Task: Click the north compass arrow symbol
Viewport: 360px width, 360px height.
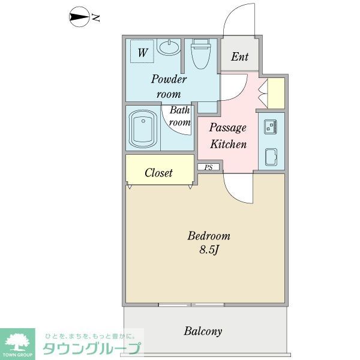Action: coord(79,17)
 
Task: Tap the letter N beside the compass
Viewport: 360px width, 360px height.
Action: coord(95,18)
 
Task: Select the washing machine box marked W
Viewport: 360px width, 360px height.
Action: coord(142,52)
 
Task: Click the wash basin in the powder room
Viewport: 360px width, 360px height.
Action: coord(170,47)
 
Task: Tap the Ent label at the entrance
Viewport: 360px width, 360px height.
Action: coord(239,57)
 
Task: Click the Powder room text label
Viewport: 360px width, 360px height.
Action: coord(169,86)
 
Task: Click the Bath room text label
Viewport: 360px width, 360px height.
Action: coord(179,116)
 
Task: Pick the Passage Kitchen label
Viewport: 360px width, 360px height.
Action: coord(227,136)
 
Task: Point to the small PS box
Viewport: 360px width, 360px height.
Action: coord(208,167)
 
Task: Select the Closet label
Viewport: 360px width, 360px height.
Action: coord(159,173)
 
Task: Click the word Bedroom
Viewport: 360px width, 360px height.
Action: coord(209,236)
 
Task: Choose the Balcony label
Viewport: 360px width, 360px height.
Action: coord(203,331)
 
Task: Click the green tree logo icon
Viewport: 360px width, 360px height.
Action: coord(19,341)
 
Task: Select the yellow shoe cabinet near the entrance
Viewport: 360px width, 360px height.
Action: coord(276,93)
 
